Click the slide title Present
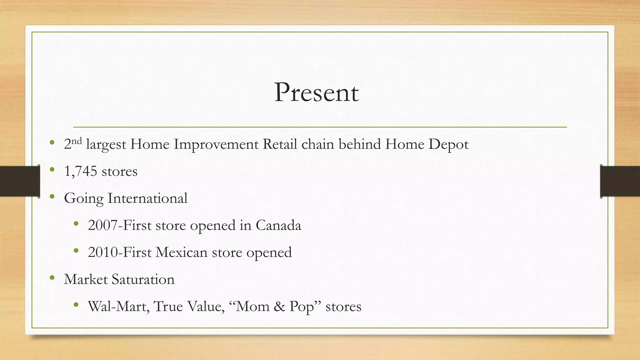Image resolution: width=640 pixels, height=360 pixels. (316, 92)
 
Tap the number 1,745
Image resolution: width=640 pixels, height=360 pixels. (81, 171)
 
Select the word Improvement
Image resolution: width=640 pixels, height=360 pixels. (216, 145)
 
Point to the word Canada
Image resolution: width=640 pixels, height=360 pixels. (278, 225)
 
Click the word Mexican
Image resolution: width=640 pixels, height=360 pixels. (181, 252)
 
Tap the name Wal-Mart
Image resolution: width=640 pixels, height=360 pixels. (118, 306)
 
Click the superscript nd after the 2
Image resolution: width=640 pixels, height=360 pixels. (77, 141)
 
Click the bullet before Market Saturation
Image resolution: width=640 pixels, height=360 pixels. (52, 278)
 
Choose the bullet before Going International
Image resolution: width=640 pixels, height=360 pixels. (52, 197)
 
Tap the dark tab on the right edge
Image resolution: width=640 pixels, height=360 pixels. (620, 181)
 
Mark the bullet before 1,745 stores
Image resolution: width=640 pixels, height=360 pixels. (52, 170)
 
